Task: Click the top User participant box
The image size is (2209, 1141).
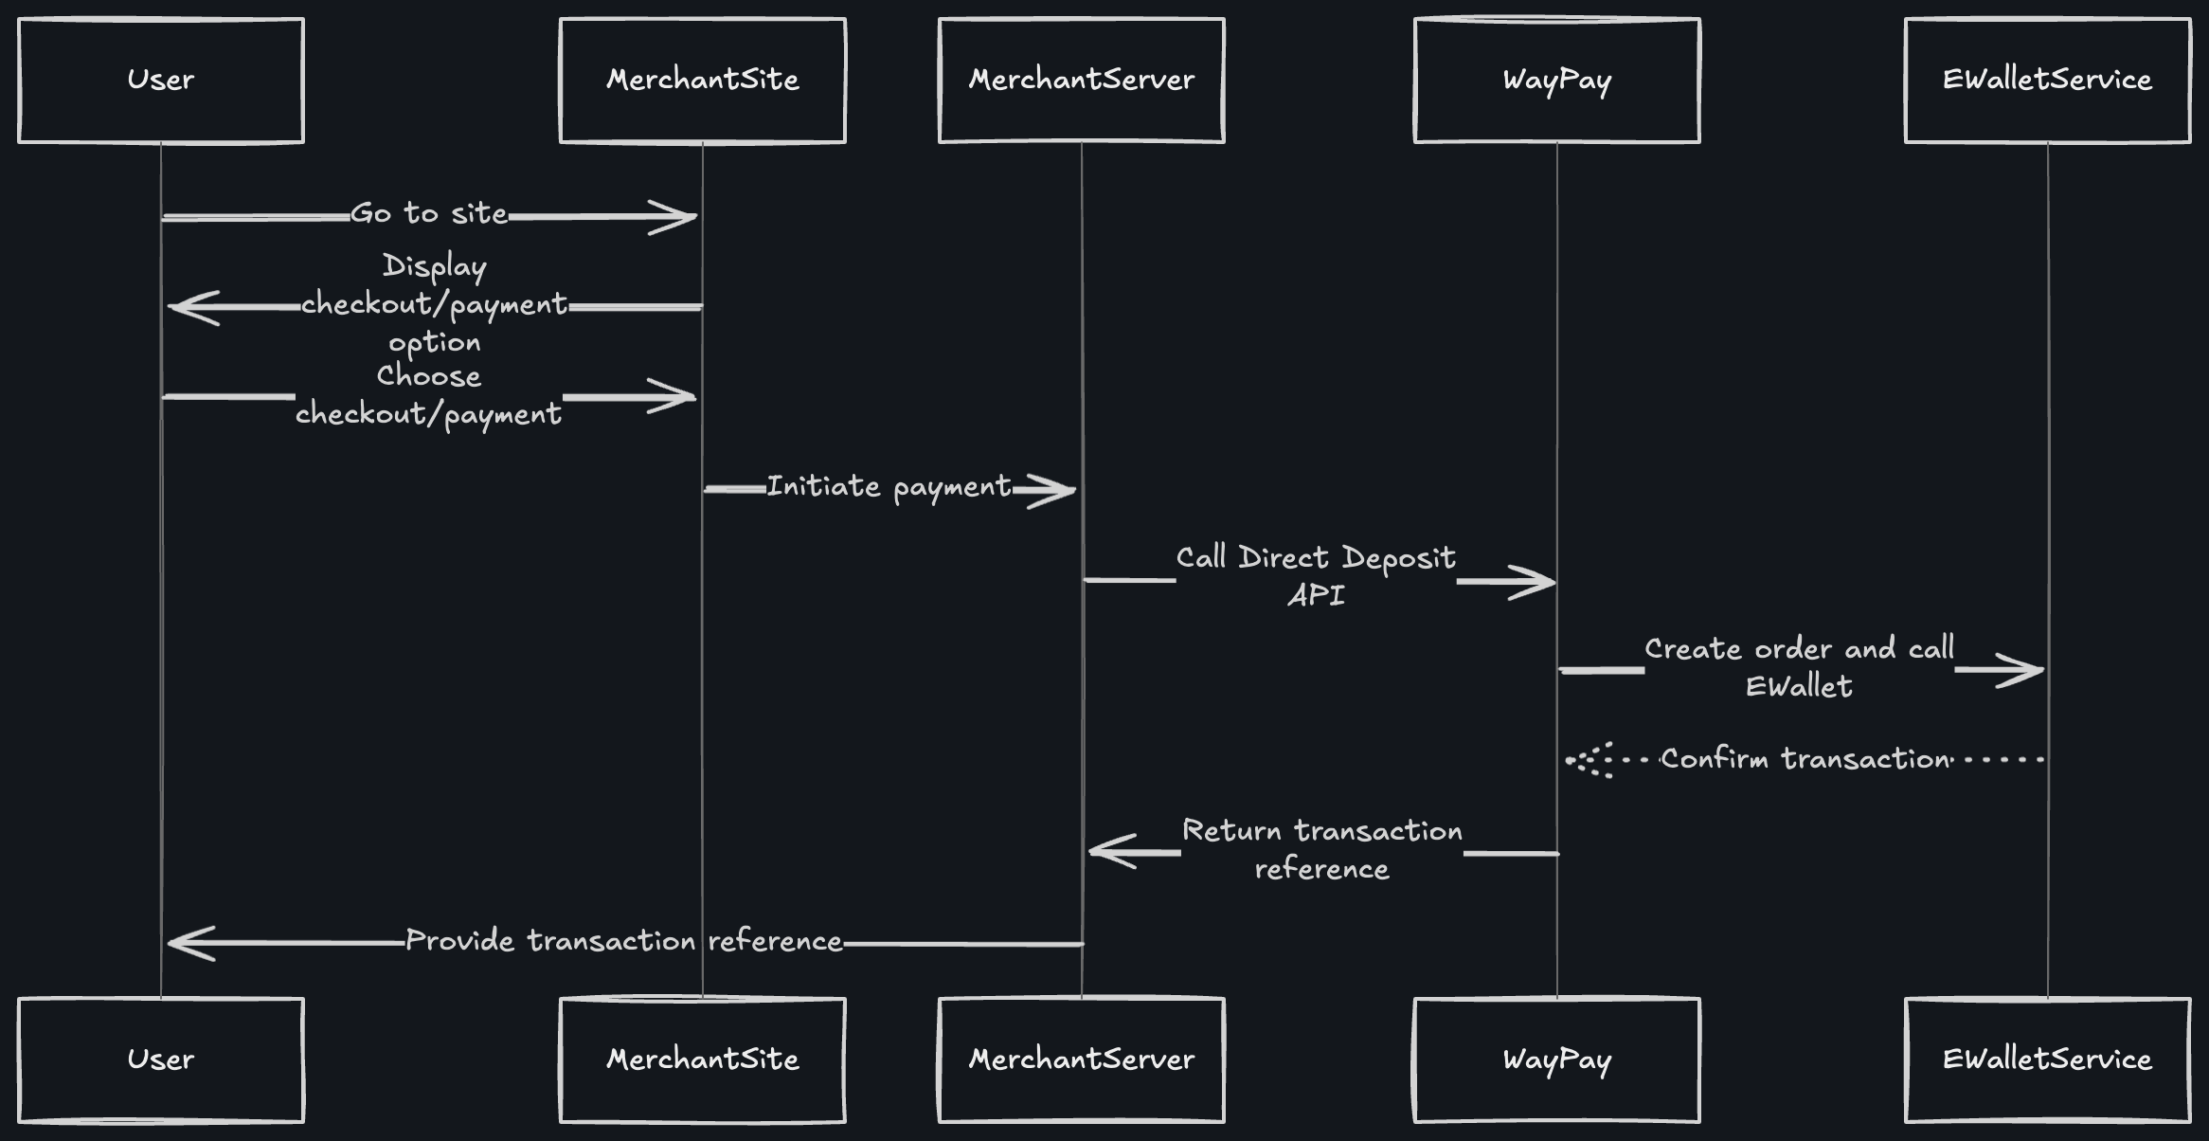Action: [x=161, y=81]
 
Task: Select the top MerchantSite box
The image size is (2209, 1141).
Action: [x=702, y=81]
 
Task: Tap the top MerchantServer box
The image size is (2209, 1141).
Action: [x=1081, y=81]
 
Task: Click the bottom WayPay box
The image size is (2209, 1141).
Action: [x=1556, y=1059]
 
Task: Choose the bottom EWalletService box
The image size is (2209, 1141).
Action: [x=2047, y=1059]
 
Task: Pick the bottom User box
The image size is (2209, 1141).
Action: [x=161, y=1059]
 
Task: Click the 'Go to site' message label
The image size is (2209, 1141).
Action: [x=429, y=214]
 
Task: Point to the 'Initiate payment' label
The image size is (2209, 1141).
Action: [x=889, y=487]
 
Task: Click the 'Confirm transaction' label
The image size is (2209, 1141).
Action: [x=1805, y=759]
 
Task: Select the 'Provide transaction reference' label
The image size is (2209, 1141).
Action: [x=623, y=941]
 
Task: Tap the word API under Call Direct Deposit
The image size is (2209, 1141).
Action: [x=1316, y=595]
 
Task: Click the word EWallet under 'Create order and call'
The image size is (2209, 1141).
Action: [x=1798, y=686]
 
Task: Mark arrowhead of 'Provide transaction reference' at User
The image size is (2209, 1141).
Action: [x=186, y=943]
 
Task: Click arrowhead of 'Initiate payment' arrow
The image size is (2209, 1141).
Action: [x=1056, y=491]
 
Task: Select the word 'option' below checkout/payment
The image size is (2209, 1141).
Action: [x=434, y=342]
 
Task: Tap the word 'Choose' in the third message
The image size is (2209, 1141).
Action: [x=428, y=376]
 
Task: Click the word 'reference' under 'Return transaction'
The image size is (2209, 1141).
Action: [x=1321, y=869]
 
